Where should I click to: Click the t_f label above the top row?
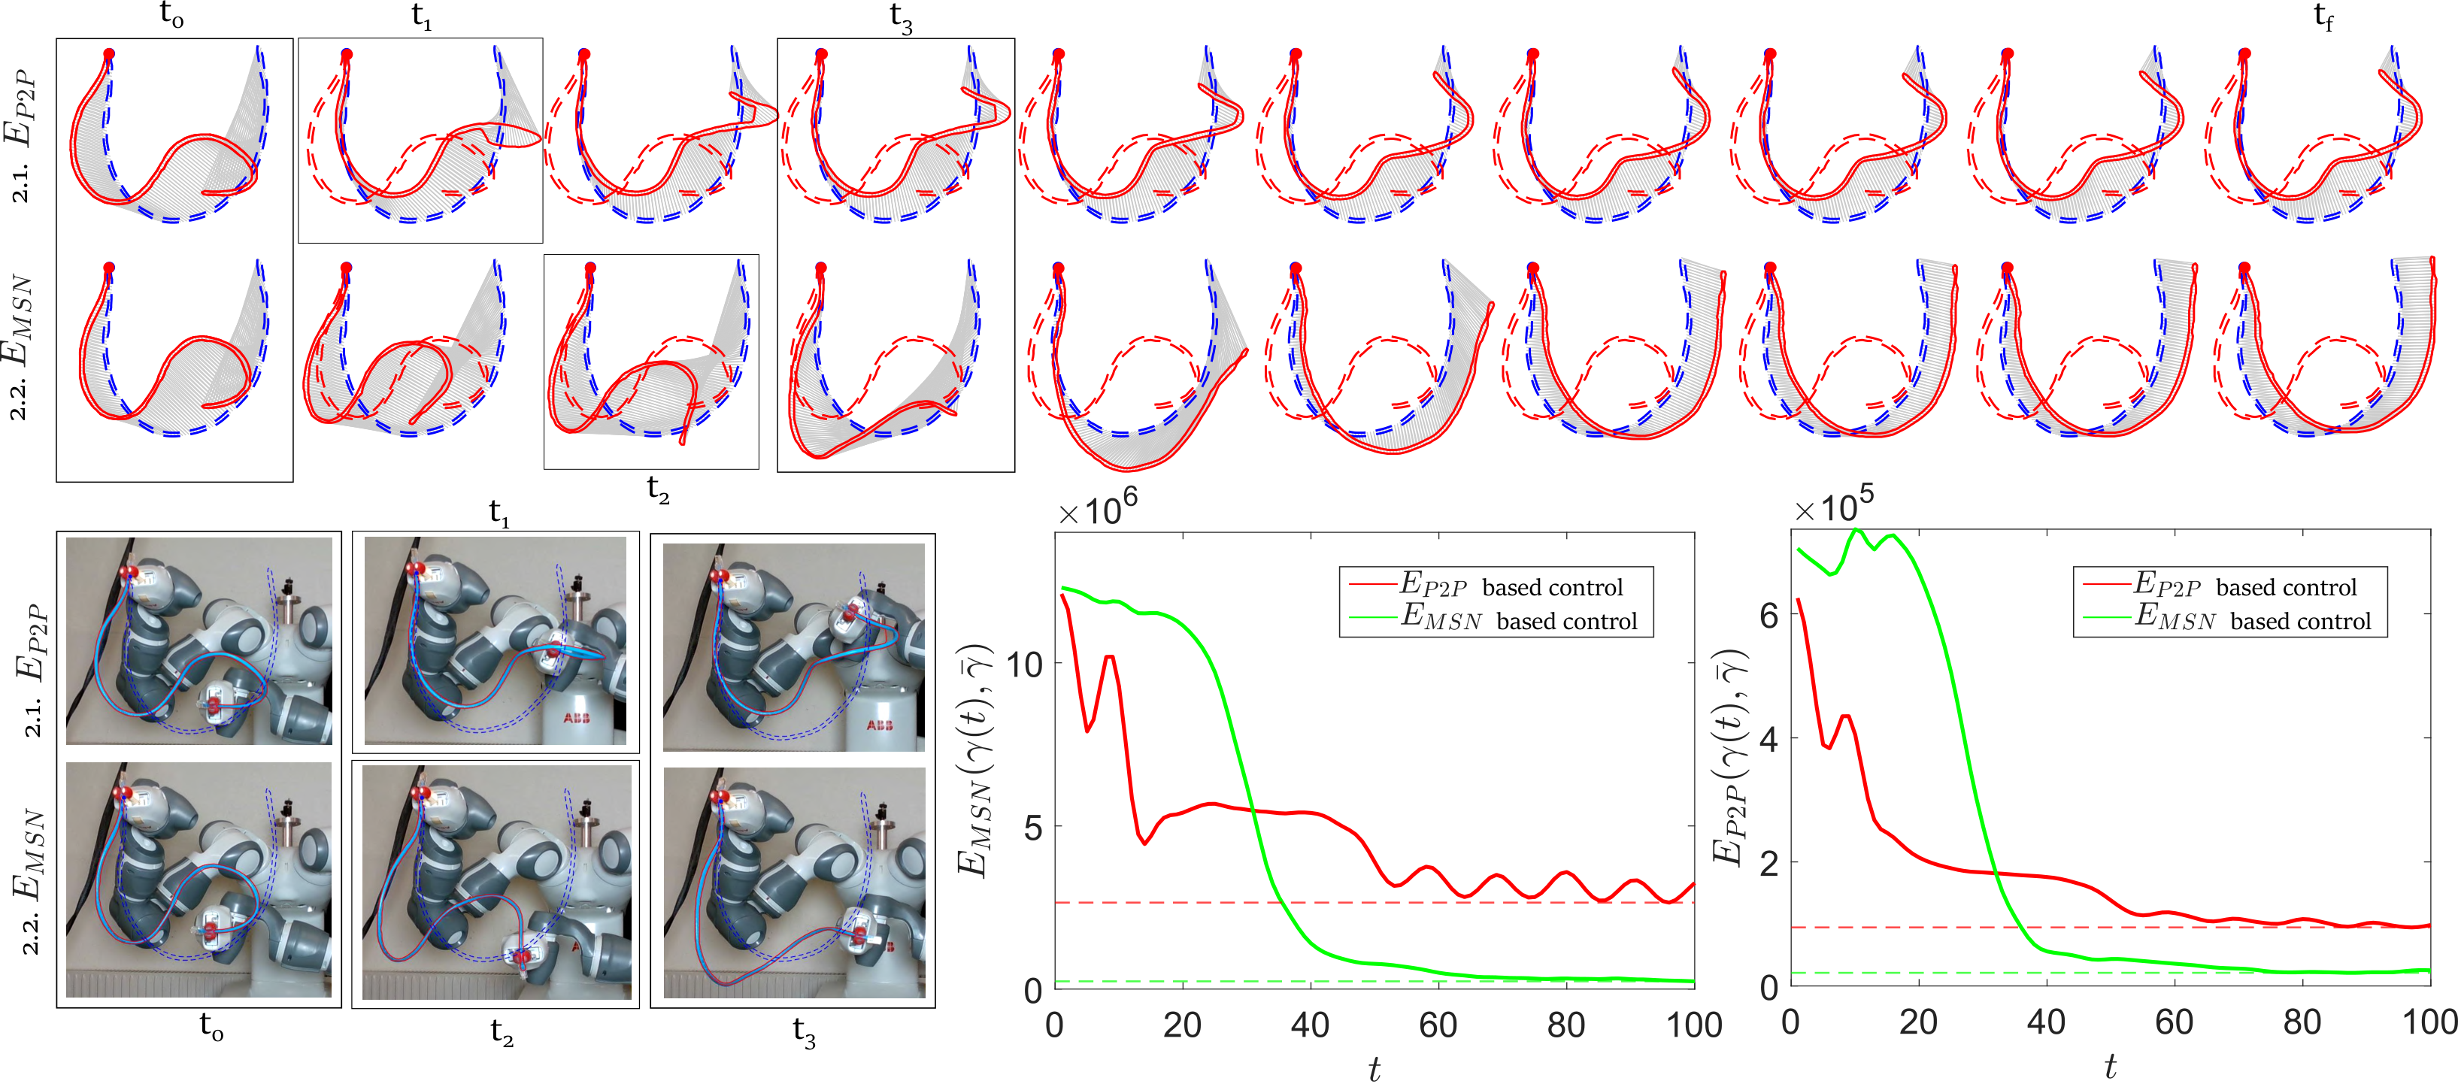[2323, 18]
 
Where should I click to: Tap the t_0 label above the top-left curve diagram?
[171, 17]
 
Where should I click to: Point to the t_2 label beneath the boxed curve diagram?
[659, 489]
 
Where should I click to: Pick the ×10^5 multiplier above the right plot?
[1833, 506]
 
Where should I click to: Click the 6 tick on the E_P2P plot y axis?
[1768, 616]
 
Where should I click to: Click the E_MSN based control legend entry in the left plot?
[1518, 619]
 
